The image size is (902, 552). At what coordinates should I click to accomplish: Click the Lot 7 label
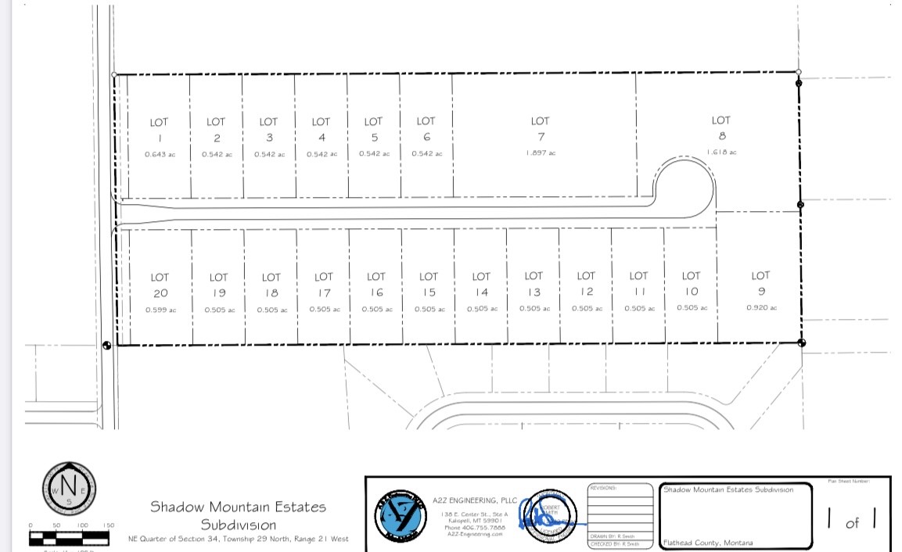(540, 129)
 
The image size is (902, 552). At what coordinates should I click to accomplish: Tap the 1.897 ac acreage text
(541, 153)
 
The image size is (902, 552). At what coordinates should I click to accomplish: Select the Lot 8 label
(721, 128)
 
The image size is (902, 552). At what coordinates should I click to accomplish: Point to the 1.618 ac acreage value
(721, 152)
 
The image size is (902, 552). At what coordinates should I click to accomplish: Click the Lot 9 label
(760, 283)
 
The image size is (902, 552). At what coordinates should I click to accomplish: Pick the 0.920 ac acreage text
(761, 308)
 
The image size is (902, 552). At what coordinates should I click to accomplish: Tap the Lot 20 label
(160, 285)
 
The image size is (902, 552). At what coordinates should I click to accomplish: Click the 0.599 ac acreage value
(160, 310)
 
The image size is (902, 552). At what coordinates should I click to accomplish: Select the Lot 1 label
(159, 130)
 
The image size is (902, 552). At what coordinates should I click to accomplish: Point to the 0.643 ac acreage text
(160, 155)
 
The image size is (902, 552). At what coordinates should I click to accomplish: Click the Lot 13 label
(534, 284)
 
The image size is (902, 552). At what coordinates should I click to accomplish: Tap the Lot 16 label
(376, 285)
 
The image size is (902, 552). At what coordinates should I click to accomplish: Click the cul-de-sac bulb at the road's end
(685, 188)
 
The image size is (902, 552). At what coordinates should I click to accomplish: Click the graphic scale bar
(69, 537)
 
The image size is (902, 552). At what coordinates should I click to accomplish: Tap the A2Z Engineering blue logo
(401, 517)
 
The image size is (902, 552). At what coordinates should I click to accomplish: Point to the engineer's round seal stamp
(548, 518)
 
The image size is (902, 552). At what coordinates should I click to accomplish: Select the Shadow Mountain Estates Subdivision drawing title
(238, 515)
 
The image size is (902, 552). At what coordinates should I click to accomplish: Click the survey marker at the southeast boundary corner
(801, 342)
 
